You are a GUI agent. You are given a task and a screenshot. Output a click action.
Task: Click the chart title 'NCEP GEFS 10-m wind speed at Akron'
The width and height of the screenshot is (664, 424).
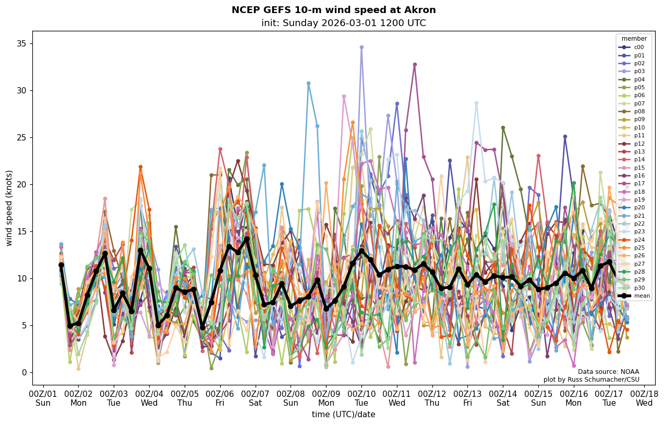333,10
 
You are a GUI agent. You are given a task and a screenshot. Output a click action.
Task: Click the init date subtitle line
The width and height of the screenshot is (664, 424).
343,23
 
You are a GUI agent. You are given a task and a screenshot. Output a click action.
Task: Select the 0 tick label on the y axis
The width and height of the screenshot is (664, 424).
24,373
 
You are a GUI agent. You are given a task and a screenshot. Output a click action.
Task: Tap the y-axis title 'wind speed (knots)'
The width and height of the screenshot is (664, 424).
9,208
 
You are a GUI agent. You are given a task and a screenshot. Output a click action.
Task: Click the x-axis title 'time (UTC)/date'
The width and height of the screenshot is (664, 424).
343,415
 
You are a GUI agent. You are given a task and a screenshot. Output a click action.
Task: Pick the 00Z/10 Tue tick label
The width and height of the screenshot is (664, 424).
361,398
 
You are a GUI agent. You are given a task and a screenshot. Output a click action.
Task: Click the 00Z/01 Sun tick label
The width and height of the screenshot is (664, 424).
43,398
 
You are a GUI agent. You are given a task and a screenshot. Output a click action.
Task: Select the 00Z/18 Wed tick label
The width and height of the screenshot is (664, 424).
644,398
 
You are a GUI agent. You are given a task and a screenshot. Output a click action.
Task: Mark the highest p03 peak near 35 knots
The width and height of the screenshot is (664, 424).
361,48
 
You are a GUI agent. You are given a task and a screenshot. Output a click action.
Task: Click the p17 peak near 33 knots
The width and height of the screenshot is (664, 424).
415,65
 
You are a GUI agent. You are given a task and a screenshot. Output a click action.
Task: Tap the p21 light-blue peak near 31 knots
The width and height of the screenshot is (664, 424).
308,84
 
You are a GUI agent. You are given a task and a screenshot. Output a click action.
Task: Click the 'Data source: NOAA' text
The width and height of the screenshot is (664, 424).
608,372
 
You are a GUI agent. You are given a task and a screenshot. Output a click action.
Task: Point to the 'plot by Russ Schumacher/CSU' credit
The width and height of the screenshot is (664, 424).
591,380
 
